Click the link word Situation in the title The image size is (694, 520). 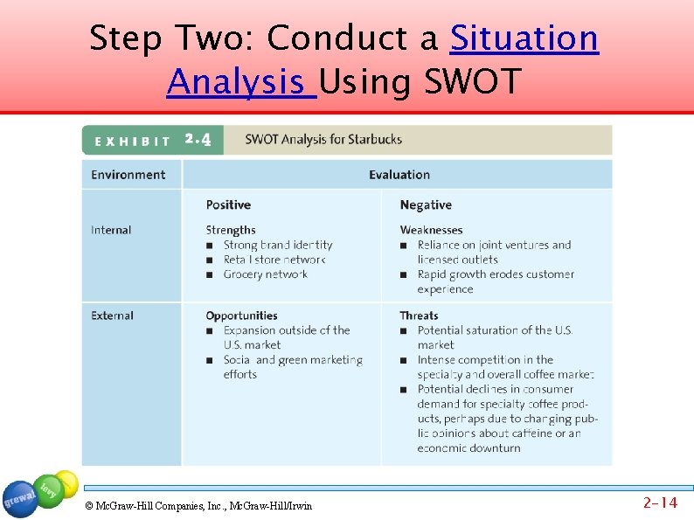(524, 38)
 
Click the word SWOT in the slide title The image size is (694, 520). (472, 82)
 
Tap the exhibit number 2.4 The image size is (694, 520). (198, 140)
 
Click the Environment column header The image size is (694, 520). (128, 175)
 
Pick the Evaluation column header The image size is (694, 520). (399, 175)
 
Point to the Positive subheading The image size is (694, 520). (228, 205)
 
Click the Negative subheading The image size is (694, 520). (426, 205)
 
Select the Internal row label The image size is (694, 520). (111, 230)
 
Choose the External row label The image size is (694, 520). (112, 315)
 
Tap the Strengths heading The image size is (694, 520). (231, 230)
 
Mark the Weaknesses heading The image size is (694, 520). (431, 230)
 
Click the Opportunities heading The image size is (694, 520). (241, 315)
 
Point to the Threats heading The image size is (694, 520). (419, 315)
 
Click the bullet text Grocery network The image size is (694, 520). (265, 274)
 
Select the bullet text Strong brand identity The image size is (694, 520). (278, 246)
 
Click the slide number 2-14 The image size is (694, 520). (660, 503)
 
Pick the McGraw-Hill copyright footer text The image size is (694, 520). (198, 506)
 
